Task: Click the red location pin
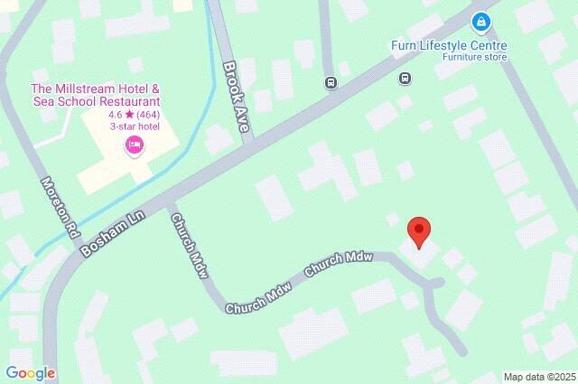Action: point(418,231)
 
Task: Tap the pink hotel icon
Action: point(135,145)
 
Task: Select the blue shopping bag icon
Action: point(481,21)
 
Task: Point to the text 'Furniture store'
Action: point(474,58)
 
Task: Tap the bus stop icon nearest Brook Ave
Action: point(331,83)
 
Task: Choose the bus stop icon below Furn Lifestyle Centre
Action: point(406,79)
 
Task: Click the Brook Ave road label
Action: point(235,98)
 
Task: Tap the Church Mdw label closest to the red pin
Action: point(339,264)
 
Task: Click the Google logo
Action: point(30,373)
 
